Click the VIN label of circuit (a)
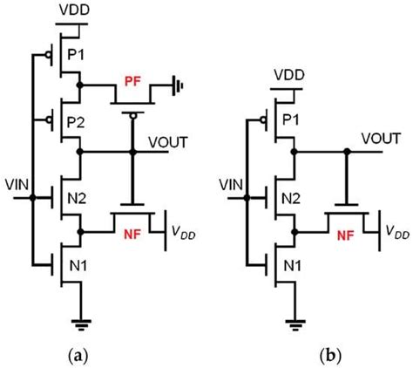pos(15,185)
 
